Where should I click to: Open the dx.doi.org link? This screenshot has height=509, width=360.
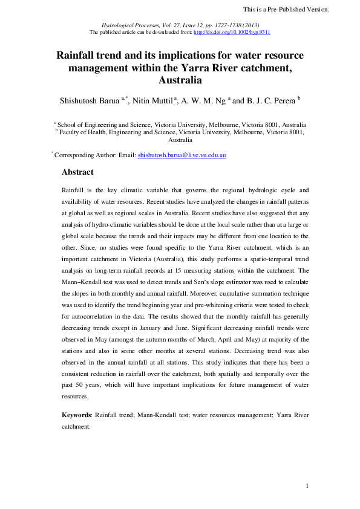(239, 32)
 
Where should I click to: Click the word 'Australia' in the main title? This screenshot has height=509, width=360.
(180, 80)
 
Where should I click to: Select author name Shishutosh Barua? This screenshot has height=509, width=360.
(88, 100)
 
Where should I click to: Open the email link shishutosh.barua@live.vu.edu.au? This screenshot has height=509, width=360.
(182, 155)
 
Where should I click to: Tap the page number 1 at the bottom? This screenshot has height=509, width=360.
(307, 486)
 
